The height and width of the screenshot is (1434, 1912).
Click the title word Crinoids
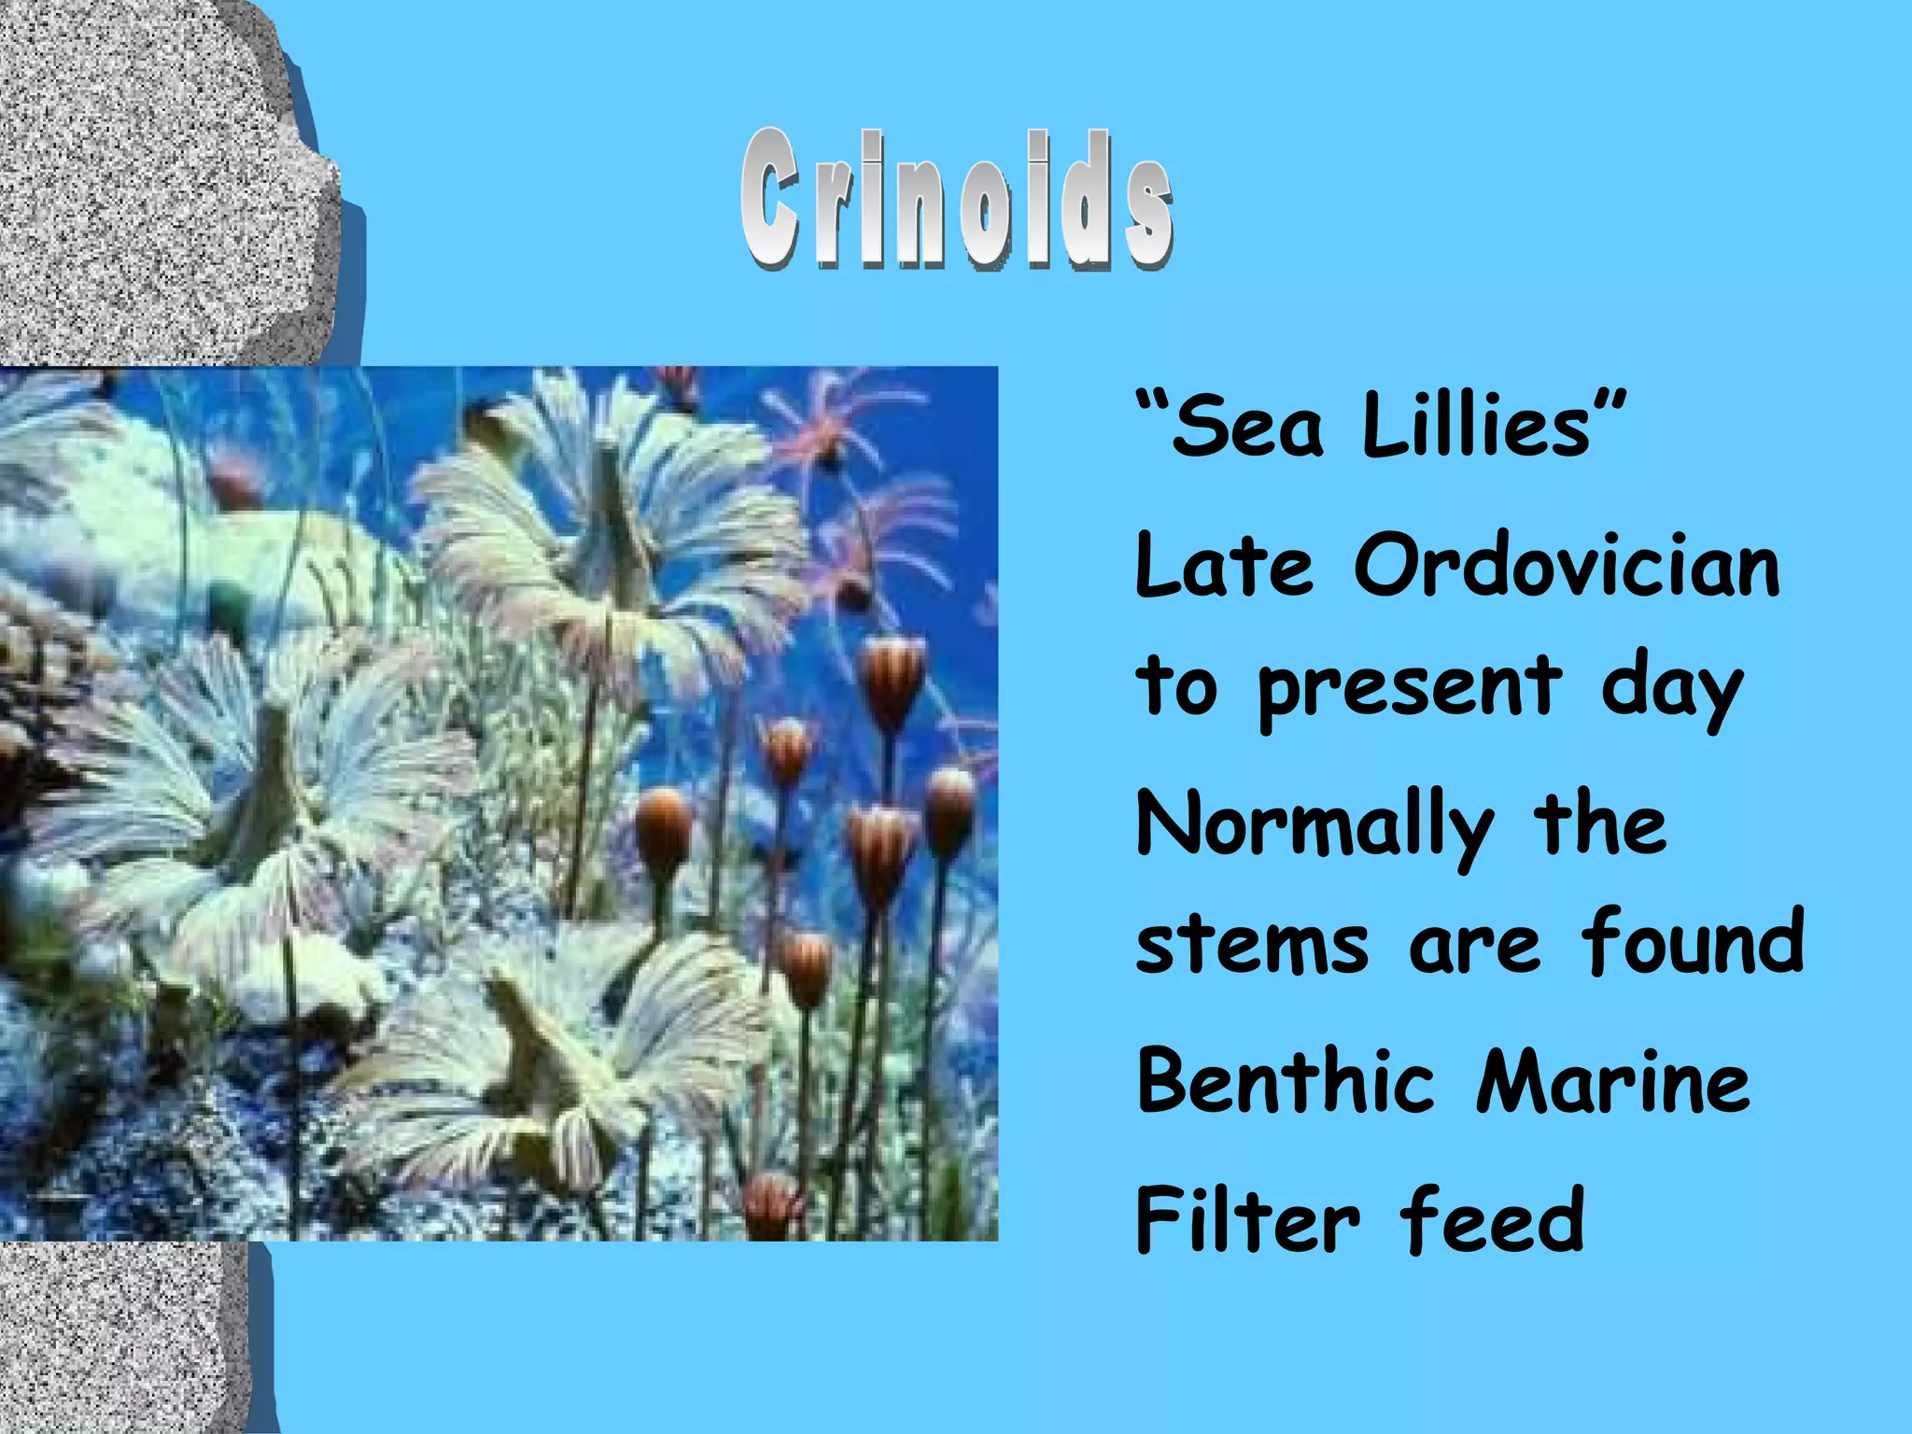[x=957, y=199]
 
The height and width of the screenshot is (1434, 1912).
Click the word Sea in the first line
[x=1247, y=427]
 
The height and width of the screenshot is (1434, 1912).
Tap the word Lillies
[x=1475, y=425]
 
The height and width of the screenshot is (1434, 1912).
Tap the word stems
[x=1251, y=943]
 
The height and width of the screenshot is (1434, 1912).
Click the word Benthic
[x=1285, y=1081]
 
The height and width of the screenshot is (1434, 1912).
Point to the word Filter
[x=1247, y=1219]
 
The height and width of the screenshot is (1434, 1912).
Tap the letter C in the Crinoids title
[x=770, y=199]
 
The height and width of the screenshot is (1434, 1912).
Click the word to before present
[x=1176, y=686]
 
